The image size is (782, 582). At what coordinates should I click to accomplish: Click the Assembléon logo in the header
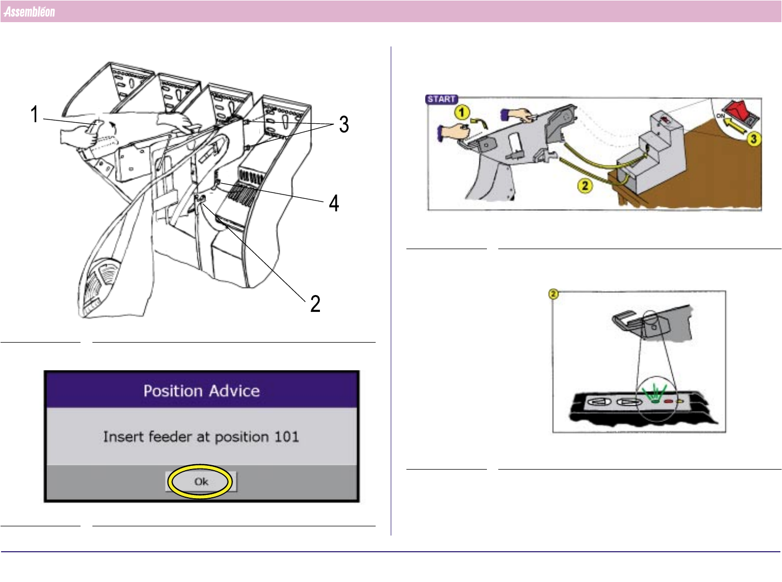pos(29,12)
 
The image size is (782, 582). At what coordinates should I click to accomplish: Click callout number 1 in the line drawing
pos(34,114)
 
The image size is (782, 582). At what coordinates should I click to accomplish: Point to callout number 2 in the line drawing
pos(315,304)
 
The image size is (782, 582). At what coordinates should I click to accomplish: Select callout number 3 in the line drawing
pos(344,124)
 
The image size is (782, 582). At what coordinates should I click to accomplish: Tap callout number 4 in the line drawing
pos(334,203)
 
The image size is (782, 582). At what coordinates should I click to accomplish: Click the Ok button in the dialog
pos(201,481)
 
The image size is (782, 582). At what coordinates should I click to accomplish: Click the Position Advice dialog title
pos(202,391)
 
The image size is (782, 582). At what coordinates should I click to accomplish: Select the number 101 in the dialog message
pos(286,437)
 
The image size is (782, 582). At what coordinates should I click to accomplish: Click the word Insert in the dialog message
pos(123,437)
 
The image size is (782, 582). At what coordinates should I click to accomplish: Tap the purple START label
pos(442,99)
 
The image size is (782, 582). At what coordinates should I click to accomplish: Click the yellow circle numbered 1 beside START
pos(462,112)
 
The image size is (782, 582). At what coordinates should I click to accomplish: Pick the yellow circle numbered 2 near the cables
pos(585,186)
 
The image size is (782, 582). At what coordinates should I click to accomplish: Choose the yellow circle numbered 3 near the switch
pos(753,139)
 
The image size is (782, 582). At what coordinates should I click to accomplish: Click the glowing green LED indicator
pos(656,401)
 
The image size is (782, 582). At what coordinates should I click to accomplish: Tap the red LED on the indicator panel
pos(668,401)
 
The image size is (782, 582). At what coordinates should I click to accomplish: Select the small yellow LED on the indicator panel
pos(679,401)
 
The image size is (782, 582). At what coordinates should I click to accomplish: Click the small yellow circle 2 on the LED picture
pos(553,293)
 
